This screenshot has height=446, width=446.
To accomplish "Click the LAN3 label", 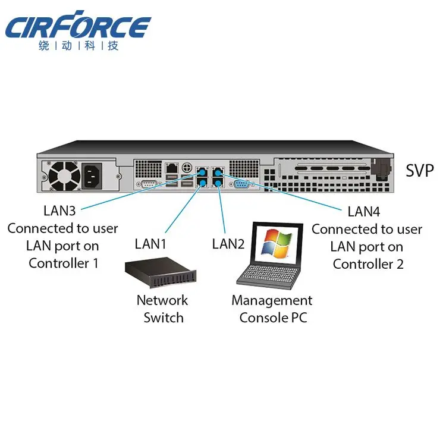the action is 60,211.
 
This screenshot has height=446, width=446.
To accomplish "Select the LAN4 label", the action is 364,211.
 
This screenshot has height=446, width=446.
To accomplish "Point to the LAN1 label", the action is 150,243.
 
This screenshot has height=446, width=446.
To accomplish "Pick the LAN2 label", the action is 228,243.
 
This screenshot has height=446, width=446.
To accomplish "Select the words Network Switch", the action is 162,309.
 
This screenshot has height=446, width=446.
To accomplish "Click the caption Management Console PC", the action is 272,309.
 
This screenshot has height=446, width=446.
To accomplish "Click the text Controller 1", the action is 63,263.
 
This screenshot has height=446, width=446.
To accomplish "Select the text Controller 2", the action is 368,263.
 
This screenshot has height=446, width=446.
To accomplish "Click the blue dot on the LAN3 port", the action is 202,172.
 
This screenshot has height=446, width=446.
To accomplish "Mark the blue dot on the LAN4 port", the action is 218,172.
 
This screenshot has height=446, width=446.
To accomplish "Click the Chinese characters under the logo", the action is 78,46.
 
